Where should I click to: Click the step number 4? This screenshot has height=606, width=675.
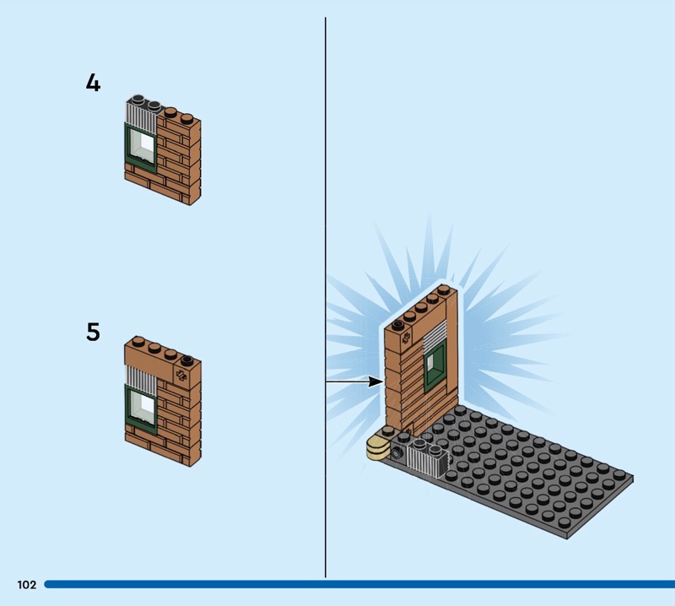click(93, 82)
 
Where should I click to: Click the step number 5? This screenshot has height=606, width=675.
click(93, 332)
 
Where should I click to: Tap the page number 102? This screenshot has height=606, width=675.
click(27, 584)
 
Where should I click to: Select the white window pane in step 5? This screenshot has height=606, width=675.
click(143, 407)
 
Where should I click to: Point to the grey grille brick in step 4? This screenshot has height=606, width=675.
click(141, 114)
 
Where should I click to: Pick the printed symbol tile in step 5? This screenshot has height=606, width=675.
click(181, 376)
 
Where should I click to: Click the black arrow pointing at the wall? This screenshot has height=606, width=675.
click(354, 381)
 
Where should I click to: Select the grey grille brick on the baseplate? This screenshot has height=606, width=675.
click(429, 458)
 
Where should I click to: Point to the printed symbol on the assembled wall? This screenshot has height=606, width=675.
click(405, 339)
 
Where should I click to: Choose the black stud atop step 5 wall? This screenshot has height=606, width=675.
click(186, 360)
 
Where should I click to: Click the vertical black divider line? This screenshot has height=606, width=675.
click(326, 297)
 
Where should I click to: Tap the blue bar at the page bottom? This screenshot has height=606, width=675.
click(359, 584)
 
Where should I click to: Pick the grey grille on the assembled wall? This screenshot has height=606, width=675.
click(435, 336)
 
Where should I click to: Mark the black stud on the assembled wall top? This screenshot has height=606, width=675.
click(398, 325)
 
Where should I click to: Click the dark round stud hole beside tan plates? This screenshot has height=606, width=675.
click(397, 452)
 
